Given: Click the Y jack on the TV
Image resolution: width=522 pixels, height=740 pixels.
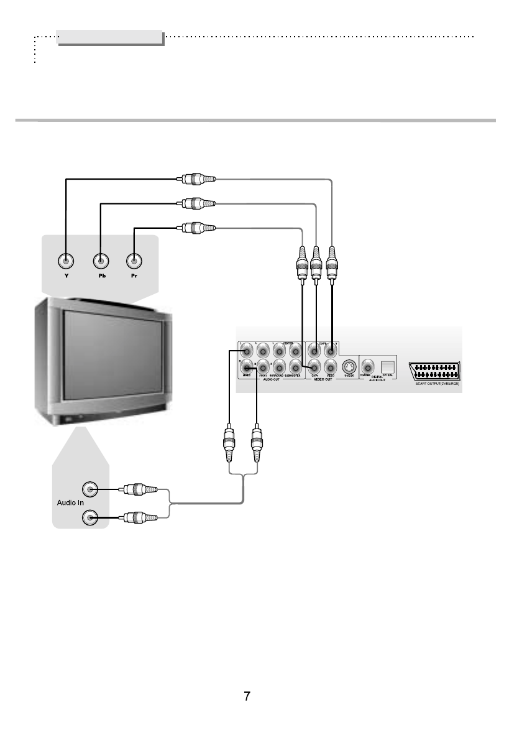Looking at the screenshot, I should (x=65, y=261).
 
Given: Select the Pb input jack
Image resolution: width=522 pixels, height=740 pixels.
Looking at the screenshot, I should (x=100, y=261).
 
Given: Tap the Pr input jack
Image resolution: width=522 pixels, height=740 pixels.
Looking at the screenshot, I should (x=134, y=261).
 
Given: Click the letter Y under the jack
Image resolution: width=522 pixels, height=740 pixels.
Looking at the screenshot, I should (x=65, y=277).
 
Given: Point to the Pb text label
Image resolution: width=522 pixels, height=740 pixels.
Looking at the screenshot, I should (x=100, y=277).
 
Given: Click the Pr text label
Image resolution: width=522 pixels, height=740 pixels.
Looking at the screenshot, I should (x=134, y=277).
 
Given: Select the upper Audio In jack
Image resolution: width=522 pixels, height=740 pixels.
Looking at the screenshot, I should (x=91, y=489).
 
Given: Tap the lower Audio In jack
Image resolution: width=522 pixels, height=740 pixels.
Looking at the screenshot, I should (x=91, y=516).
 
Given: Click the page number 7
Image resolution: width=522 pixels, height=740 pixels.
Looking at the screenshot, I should (x=247, y=696).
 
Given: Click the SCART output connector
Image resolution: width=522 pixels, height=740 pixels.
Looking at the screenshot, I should (x=434, y=371).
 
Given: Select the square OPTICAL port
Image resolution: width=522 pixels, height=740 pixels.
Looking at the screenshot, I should (x=388, y=366).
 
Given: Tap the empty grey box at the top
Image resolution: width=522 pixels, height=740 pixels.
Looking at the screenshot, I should (x=110, y=37).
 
